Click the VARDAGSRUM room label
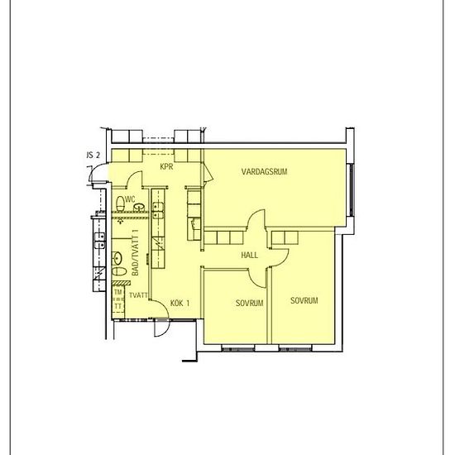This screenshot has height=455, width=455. pyautogui.click(x=264, y=171)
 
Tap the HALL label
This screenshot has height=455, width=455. pyautogui.click(x=249, y=255)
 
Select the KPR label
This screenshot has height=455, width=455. pyautogui.click(x=166, y=166)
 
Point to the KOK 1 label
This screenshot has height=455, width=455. pyautogui.click(x=180, y=304)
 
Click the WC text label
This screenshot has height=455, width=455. pyautogui.click(x=130, y=199)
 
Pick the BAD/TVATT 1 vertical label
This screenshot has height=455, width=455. pyautogui.click(x=135, y=253)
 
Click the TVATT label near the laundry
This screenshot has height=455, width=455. pyautogui.click(x=138, y=295)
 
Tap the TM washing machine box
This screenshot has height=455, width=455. pyautogui.click(x=118, y=292)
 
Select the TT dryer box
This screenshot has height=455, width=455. pyautogui.click(x=118, y=306)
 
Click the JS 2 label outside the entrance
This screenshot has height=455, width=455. pyautogui.click(x=93, y=156)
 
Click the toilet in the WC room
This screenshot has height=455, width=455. pyautogui.click(x=120, y=204)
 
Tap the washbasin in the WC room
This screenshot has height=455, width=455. pyautogui.click(x=139, y=207)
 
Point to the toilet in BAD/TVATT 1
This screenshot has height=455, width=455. pyautogui.click(x=119, y=271)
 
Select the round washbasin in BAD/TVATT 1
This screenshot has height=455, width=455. pyautogui.click(x=117, y=258)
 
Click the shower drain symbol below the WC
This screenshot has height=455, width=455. pyautogui.click(x=121, y=221)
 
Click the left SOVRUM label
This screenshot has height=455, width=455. pyautogui.click(x=249, y=303)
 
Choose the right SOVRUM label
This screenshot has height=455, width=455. pyautogui.click(x=304, y=300)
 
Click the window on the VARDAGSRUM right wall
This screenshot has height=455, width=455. pyautogui.click(x=351, y=190)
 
